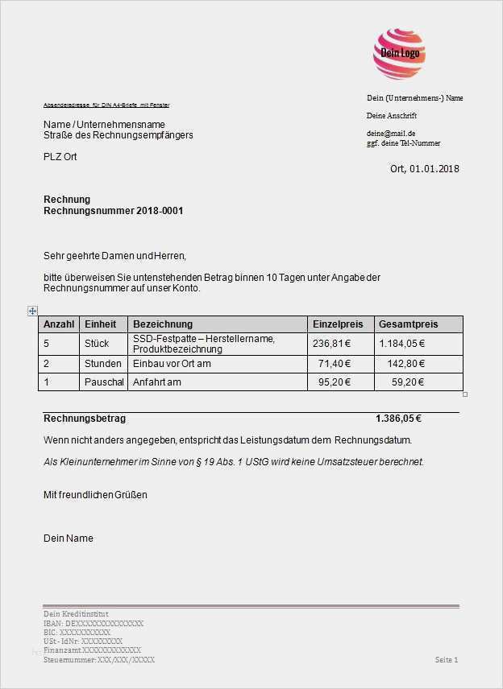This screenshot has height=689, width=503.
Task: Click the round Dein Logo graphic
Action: point(399,53)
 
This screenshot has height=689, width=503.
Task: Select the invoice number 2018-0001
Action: point(160,211)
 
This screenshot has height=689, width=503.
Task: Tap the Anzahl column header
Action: point(59,324)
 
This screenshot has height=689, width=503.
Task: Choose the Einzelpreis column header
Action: point(338,324)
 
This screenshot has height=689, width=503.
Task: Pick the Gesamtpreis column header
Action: point(409,324)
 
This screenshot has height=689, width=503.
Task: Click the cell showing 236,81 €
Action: point(332,344)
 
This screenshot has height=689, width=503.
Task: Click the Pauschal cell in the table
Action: point(105,382)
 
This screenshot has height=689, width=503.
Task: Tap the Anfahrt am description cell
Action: point(157,382)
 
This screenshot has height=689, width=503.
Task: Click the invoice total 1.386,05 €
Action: point(398,419)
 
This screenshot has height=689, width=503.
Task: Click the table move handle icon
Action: point(33,311)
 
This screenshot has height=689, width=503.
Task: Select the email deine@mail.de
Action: point(391,133)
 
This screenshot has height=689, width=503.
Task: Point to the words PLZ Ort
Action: point(60,157)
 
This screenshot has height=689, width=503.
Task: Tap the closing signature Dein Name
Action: point(69,538)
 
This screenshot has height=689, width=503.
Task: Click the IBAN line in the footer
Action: point(94,623)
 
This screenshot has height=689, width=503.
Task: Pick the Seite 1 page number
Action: point(447,660)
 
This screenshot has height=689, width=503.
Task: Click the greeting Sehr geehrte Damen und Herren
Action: point(114,256)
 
